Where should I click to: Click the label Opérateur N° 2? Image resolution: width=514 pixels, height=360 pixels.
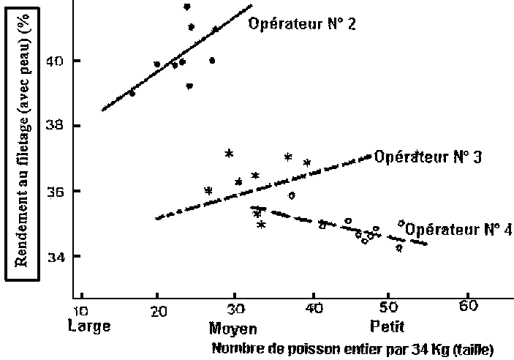[x=302, y=24]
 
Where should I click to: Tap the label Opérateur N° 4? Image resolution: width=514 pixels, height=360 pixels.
[x=458, y=229]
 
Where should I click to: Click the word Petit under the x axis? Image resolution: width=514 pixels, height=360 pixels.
[x=382, y=324]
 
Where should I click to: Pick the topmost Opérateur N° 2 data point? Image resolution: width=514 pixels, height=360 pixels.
[x=187, y=7]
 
